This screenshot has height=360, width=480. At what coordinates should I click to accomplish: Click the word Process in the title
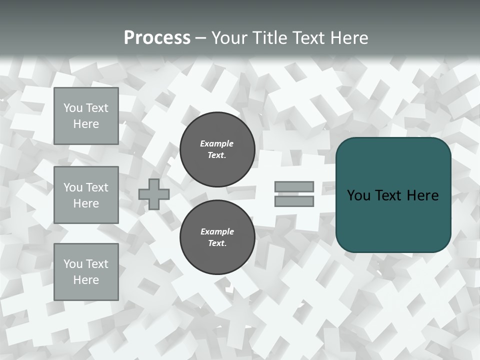tap(157, 38)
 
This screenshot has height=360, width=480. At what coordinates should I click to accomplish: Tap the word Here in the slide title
tap(349, 38)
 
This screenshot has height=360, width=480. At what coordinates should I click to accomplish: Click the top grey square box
tap(86, 116)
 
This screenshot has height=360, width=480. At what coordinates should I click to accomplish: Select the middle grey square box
tap(86, 195)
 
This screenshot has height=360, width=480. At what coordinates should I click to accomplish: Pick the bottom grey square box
tap(86, 272)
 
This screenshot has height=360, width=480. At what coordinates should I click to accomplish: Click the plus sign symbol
tap(154, 194)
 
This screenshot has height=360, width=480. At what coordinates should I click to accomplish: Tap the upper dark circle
tap(217, 149)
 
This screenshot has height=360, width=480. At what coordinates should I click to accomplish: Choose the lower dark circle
tap(217, 237)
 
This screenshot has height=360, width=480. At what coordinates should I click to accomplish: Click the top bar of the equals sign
tap(294, 186)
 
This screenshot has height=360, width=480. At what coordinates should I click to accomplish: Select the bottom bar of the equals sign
tap(294, 201)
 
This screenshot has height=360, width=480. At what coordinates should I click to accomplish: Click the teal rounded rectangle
tap(393, 194)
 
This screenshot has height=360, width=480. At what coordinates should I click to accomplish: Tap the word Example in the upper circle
tap(217, 143)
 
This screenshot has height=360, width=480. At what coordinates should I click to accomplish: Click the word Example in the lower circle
tap(217, 231)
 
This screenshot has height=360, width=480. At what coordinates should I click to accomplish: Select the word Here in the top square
tap(86, 124)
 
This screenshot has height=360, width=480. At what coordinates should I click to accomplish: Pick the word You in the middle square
tap(72, 187)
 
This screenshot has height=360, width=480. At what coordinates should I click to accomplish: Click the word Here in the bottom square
tap(86, 280)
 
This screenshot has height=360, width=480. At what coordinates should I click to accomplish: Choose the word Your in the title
tap(228, 38)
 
